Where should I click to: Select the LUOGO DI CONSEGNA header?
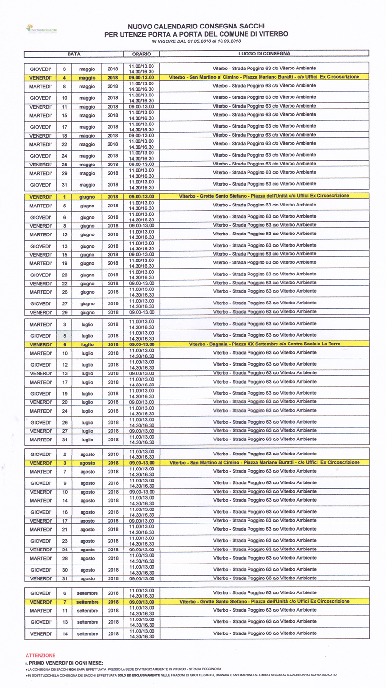point(264,54)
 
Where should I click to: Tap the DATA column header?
point(73,54)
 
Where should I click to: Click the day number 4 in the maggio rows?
point(64,77)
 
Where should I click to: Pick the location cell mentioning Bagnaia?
point(264,344)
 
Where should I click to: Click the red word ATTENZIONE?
point(40,655)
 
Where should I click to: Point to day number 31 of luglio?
point(64,440)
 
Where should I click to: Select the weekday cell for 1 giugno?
point(41,197)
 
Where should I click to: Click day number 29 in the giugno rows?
point(64,313)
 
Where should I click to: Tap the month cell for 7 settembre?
point(87,602)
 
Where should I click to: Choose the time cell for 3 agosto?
point(141,462)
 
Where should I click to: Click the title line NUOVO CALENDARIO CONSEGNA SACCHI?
point(196,27)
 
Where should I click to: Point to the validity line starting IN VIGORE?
point(196,41)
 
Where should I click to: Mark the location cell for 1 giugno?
point(264,196)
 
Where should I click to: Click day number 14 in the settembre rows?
point(64,633)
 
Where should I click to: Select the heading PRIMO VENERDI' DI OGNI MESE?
point(65,663)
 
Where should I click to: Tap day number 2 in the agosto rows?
point(64,454)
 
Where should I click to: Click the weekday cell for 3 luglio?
point(41,324)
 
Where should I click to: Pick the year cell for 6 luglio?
point(113,344)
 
